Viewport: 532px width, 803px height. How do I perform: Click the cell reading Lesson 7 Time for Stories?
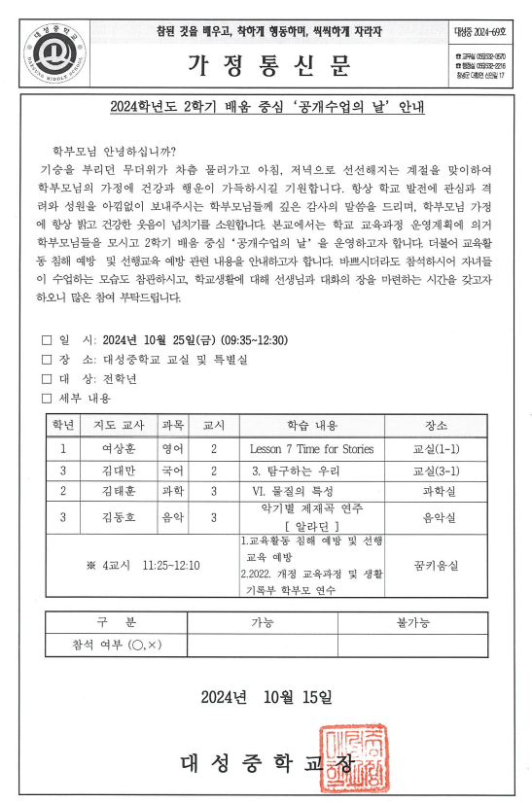point(310,449)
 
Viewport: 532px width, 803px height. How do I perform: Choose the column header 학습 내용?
point(310,427)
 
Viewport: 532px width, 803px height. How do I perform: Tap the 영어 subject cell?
point(173,449)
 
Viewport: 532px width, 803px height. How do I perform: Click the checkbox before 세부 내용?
point(46,398)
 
